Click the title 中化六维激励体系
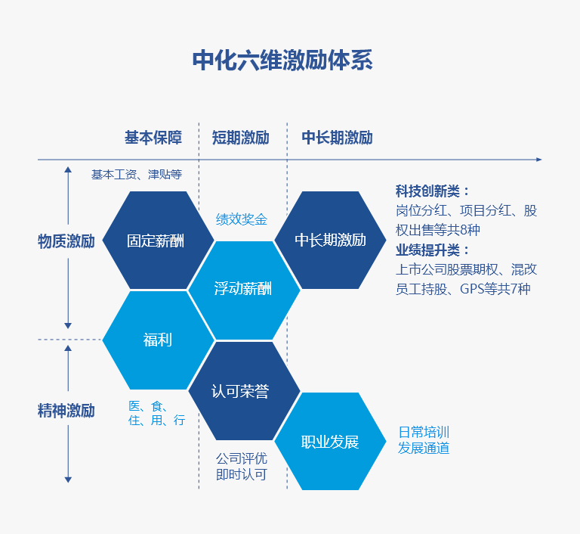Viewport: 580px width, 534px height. (282, 61)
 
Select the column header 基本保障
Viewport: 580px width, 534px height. (153, 138)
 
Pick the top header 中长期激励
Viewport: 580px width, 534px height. (337, 138)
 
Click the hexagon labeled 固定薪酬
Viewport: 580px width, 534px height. (156, 241)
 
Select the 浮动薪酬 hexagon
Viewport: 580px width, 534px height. (242, 289)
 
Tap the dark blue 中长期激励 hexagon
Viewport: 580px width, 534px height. (330, 241)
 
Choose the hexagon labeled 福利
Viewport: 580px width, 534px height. (157, 340)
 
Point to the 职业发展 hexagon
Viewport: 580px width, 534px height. (330, 442)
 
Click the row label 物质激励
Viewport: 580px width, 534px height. (66, 241)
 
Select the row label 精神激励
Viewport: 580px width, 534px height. (66, 411)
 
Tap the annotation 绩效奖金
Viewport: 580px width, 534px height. (242, 219)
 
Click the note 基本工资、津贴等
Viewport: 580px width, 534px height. (137, 174)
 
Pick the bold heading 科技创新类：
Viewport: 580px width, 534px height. (433, 191)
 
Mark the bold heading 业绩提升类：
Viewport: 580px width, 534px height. (433, 250)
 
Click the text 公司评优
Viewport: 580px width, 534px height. (242, 458)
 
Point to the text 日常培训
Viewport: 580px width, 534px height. (424, 433)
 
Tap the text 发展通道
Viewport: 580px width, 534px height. (424, 448)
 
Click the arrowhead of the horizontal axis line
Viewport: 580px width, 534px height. (538, 160)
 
